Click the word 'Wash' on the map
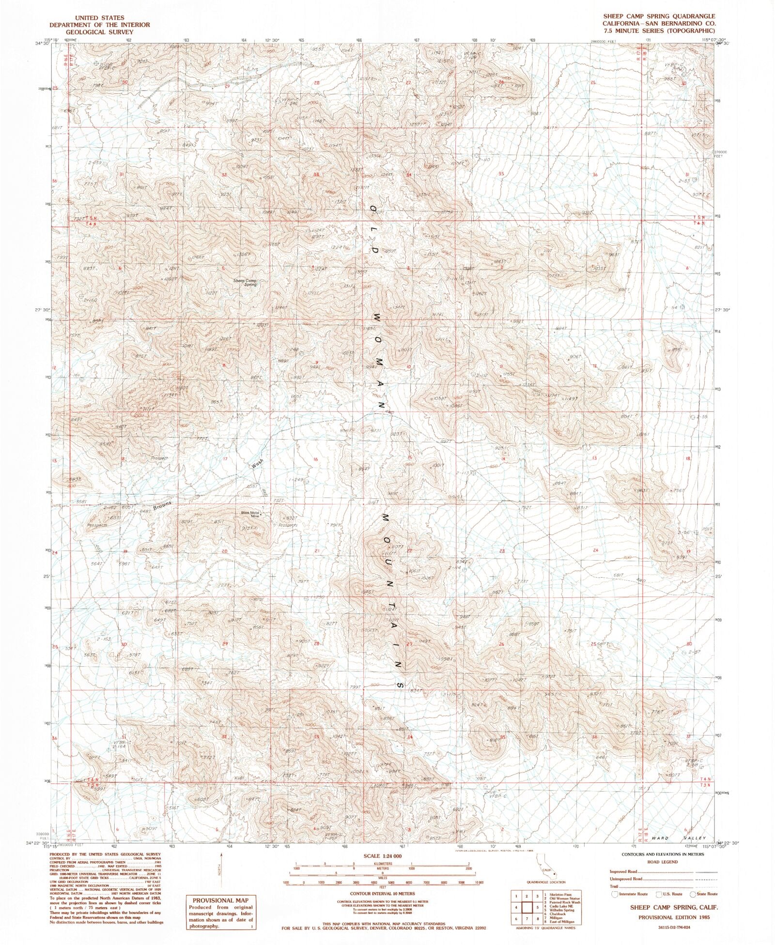click(257, 463)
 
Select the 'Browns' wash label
click(162, 506)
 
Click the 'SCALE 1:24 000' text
click(382, 856)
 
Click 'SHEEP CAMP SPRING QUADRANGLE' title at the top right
click(659, 16)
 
